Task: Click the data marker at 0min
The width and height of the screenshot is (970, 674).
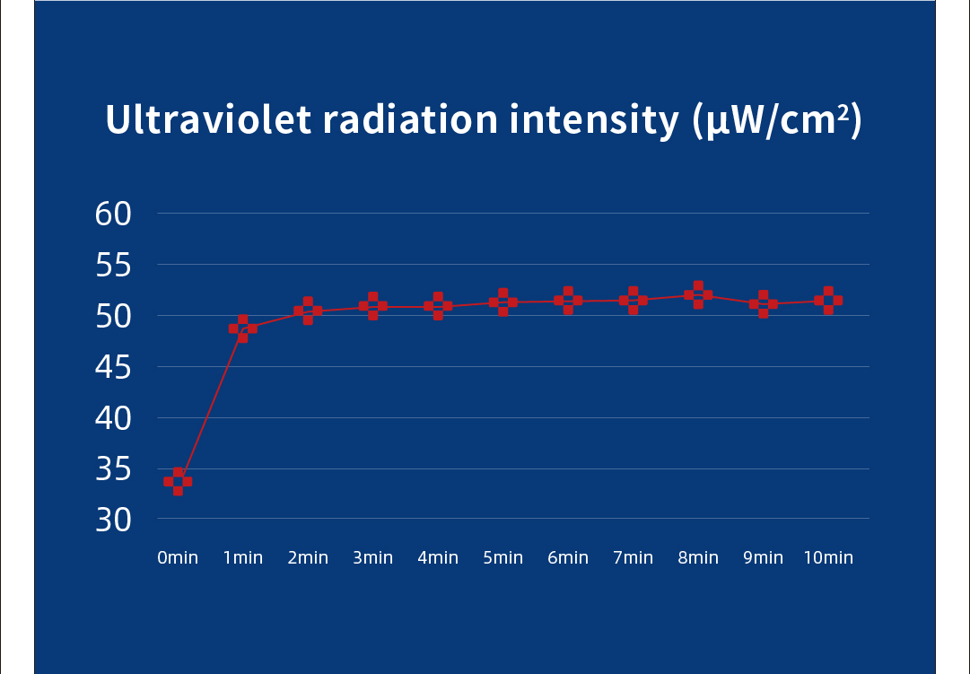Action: (178, 481)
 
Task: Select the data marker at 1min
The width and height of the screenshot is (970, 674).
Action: (242, 328)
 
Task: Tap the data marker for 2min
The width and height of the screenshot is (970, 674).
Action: (308, 311)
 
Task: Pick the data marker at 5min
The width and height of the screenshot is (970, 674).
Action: (502, 302)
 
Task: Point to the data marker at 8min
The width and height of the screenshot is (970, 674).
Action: (698, 295)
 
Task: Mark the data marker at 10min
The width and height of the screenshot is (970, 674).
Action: (828, 301)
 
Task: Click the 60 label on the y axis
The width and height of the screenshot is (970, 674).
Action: (113, 214)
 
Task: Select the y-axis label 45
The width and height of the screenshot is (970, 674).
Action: (113, 367)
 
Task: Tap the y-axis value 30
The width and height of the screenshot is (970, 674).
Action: (113, 520)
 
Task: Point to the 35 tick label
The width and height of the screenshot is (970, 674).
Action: (113, 468)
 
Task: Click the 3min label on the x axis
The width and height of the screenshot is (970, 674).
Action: (372, 558)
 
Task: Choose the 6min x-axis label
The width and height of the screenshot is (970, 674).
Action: (568, 558)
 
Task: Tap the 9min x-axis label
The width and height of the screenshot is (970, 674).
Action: (763, 558)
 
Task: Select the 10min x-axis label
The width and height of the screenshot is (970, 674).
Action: (828, 558)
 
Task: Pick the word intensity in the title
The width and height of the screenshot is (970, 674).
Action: (594, 120)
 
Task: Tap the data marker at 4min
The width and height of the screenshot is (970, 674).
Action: (438, 306)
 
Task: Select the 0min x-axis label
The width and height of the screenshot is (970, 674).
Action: (178, 558)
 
